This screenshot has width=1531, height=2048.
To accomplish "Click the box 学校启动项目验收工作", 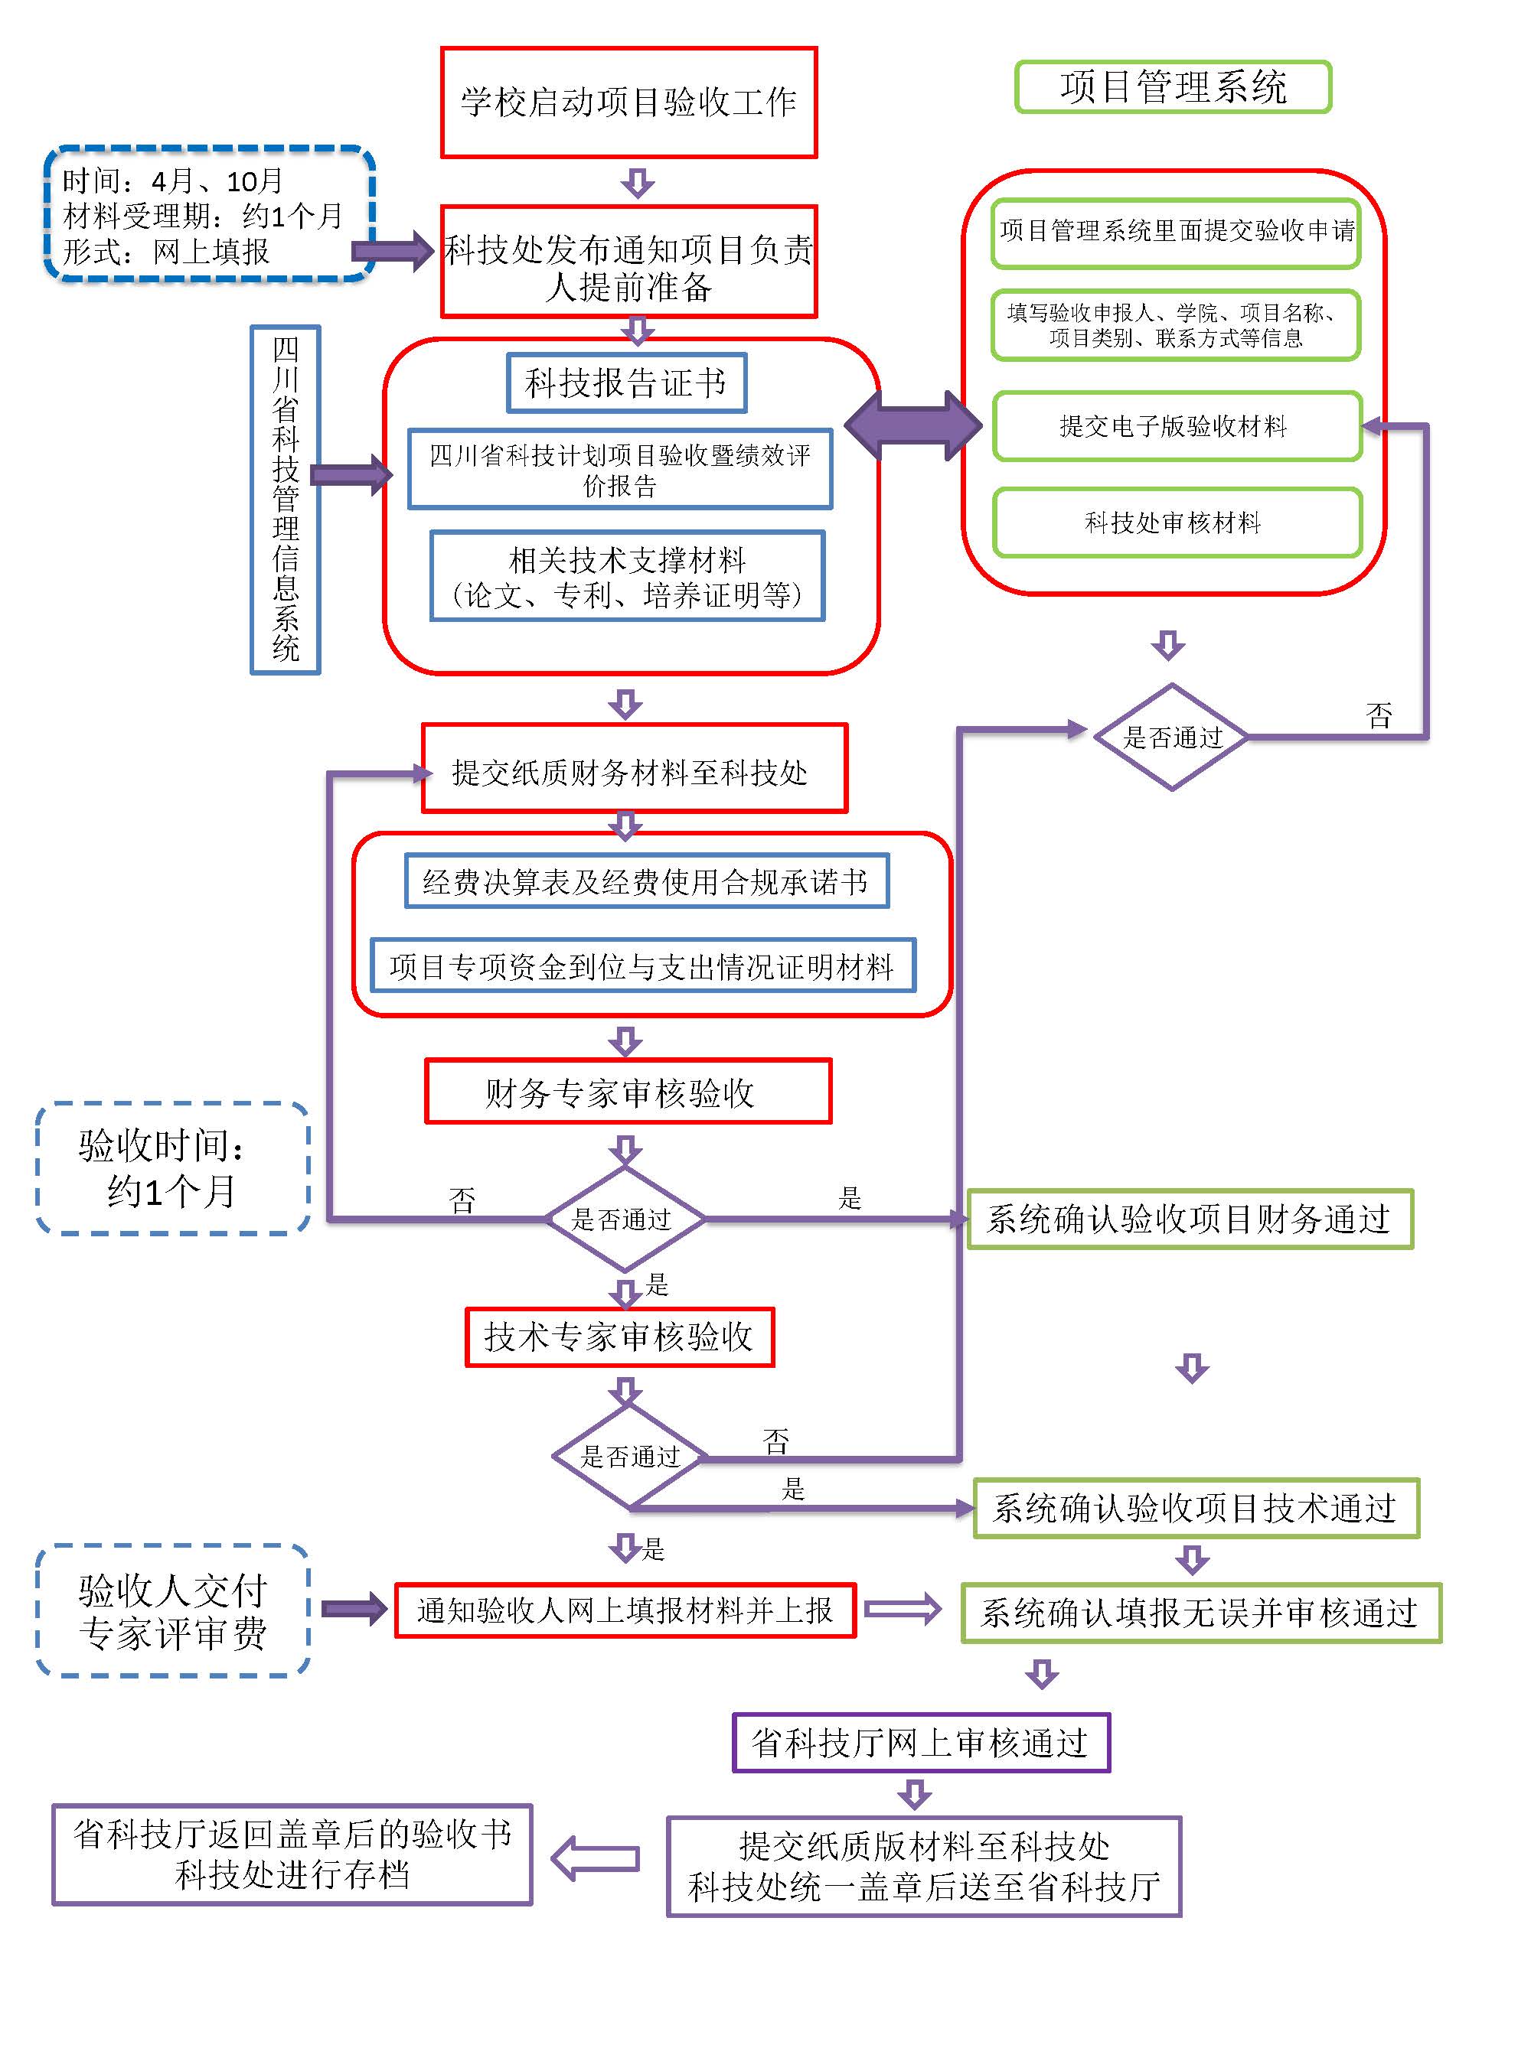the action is (x=628, y=102).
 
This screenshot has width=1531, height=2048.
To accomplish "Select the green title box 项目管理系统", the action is (x=1173, y=87).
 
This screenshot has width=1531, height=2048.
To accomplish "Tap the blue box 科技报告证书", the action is (x=626, y=383).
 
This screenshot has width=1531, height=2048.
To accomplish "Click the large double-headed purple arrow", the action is (x=912, y=425).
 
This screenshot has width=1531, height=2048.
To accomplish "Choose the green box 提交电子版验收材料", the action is (x=1177, y=426).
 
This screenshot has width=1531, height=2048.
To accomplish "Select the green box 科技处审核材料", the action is (x=1177, y=523).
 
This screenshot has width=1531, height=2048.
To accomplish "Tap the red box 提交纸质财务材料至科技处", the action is (x=635, y=768).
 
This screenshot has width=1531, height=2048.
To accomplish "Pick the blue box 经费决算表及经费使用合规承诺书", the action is (x=647, y=881).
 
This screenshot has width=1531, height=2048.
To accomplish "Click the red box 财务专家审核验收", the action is (x=628, y=1092).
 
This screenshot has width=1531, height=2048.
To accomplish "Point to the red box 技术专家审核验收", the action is (x=619, y=1336).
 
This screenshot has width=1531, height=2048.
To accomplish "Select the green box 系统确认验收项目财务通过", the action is (x=1190, y=1219).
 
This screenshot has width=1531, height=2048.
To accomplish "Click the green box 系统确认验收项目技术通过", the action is (x=1196, y=1508).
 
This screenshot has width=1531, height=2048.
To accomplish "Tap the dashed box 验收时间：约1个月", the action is (x=172, y=1167).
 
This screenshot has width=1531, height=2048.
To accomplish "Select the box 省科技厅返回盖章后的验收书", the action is (x=292, y=1854).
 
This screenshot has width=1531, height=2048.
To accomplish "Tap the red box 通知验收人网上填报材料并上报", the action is (x=625, y=1610).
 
